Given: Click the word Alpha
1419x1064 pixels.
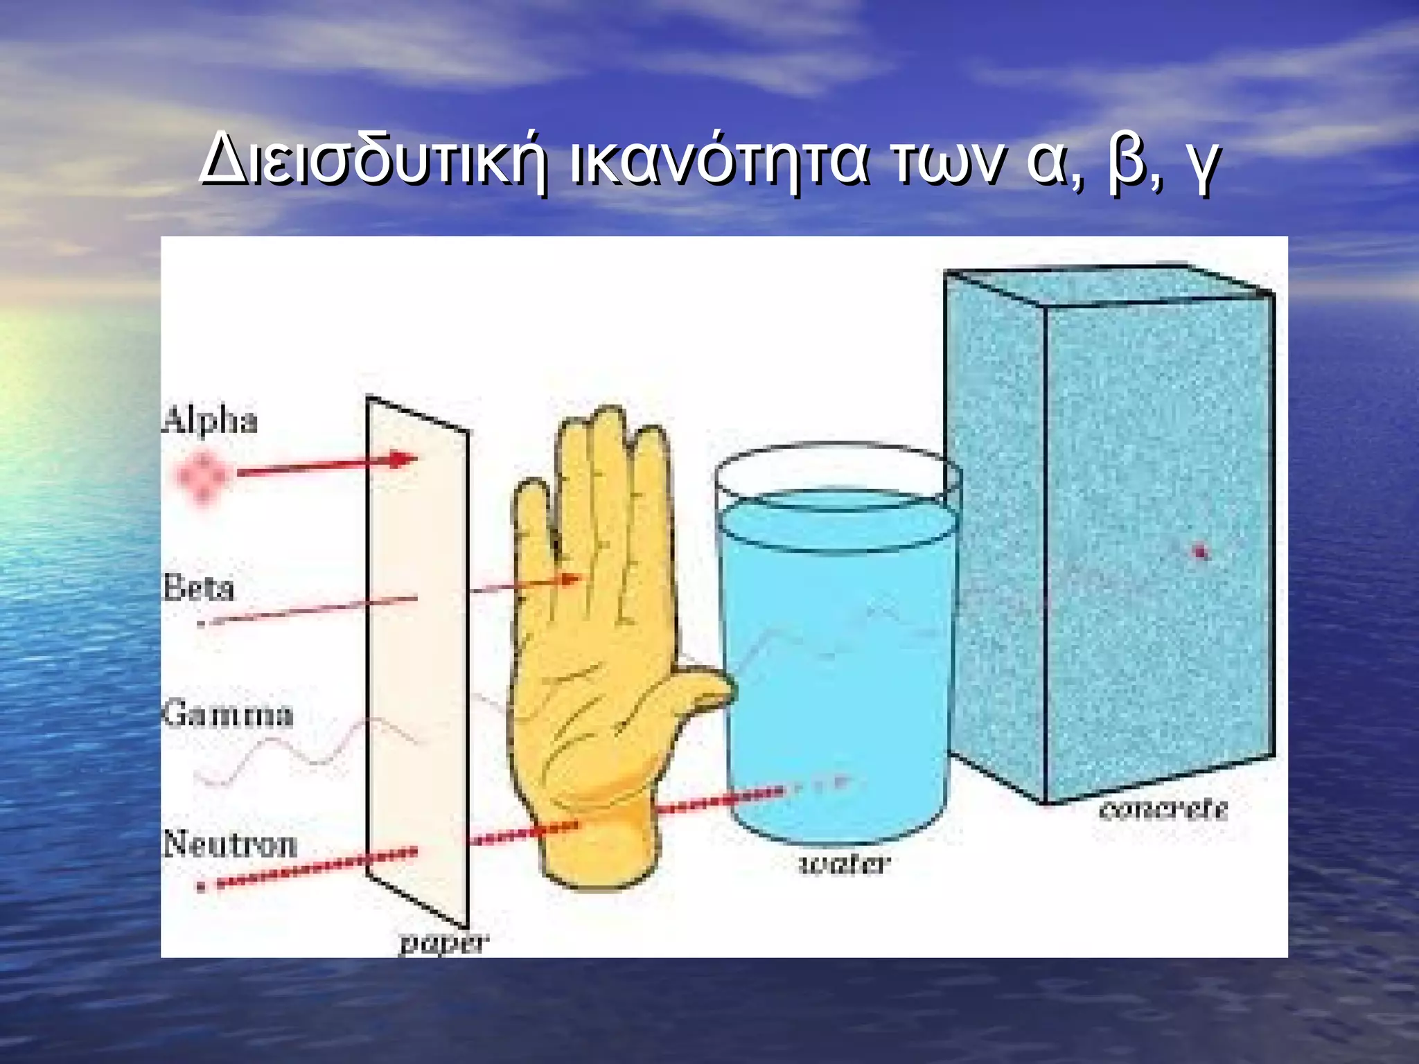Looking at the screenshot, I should tap(209, 421).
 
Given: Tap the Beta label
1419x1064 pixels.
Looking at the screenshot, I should tap(199, 589).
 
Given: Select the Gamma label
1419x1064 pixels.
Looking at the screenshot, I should tap(229, 714).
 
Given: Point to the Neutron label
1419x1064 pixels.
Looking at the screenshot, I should tap(230, 844).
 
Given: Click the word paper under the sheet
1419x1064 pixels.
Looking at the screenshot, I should tap(444, 943).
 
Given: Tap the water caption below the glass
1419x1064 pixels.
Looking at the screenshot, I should tap(844, 864).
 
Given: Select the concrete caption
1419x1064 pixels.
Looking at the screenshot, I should tap(1163, 809).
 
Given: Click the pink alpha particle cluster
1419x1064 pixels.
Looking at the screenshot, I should tap(202, 475).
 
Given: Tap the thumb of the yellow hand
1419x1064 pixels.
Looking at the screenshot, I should tap(700, 689).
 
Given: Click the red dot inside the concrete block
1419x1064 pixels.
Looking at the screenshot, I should tap(1201, 551).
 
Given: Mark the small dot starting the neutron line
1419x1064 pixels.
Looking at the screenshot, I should tap(201, 886).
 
